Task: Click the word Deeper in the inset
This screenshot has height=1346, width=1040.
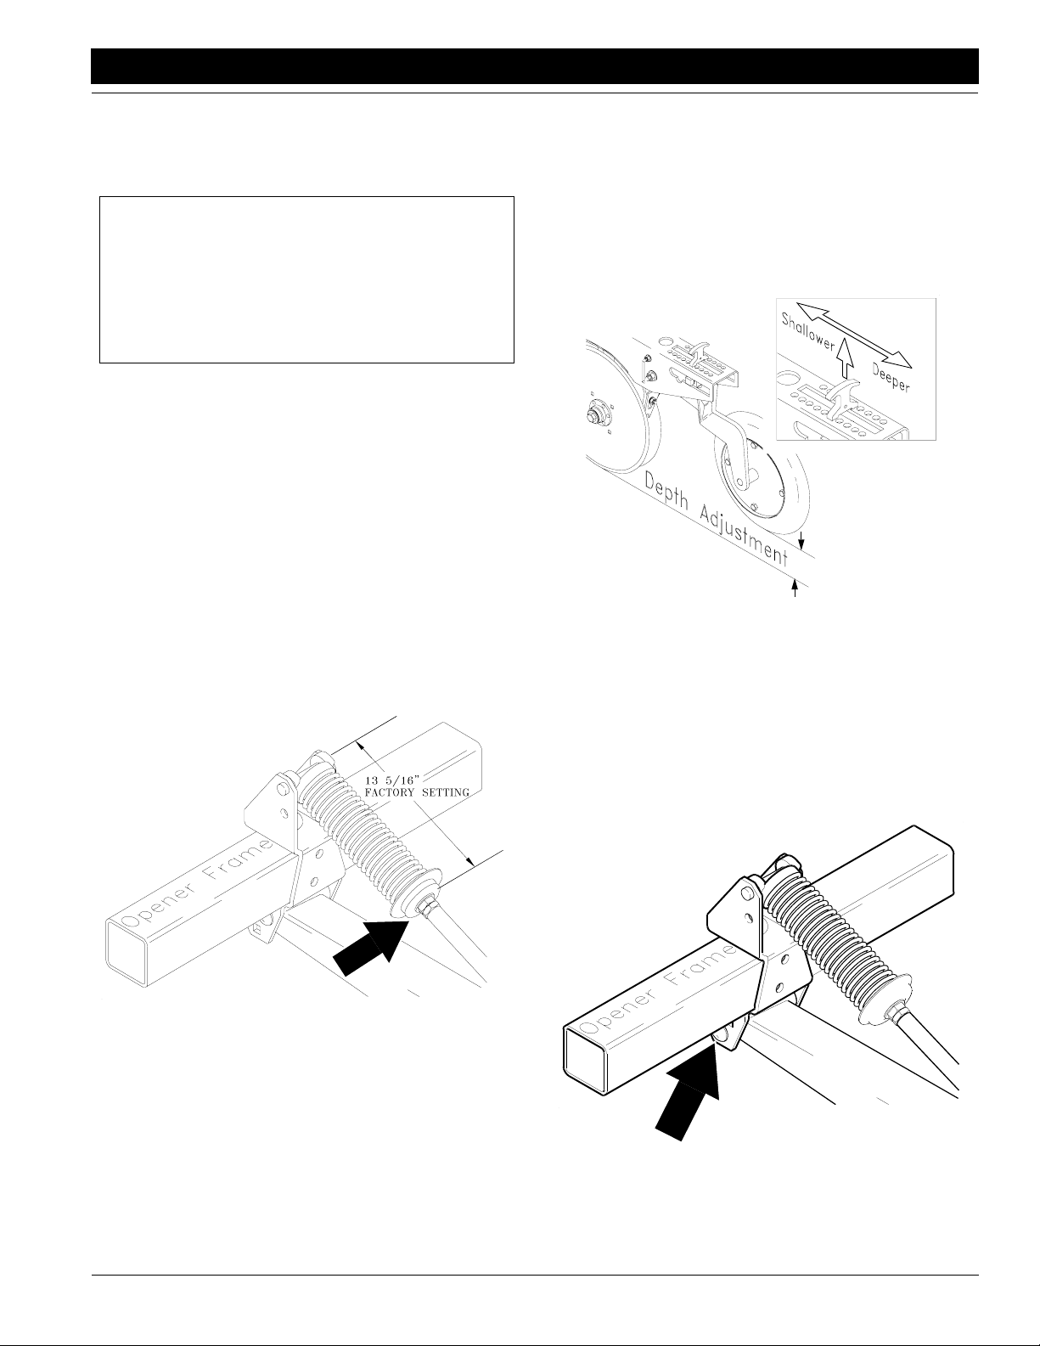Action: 891,377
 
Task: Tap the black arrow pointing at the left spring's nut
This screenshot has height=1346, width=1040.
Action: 372,947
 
